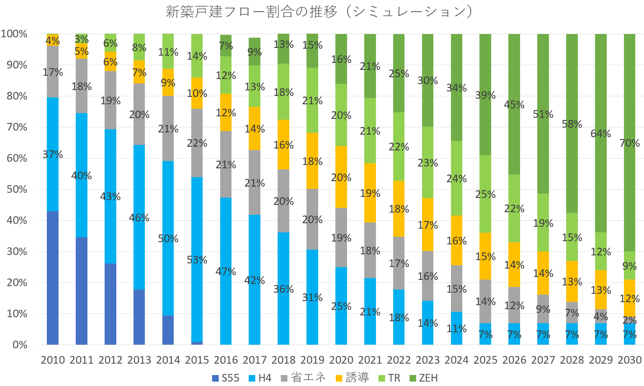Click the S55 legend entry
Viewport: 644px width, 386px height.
226,378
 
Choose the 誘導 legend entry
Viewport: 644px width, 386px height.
353,378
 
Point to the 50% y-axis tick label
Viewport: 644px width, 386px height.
17,190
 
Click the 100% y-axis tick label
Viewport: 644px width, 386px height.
15,34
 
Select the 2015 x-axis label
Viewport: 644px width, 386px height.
197,360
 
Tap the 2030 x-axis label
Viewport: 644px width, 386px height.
629,360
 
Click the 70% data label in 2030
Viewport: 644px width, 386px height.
629,143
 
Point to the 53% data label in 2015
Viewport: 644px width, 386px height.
197,260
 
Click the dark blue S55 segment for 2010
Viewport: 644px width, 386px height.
53,278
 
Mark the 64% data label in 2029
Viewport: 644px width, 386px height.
600,134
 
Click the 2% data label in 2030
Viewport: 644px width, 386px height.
629,320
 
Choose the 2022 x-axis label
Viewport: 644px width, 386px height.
399,360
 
